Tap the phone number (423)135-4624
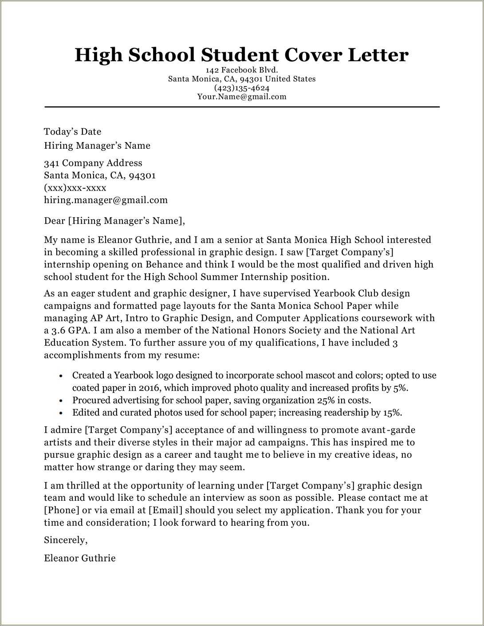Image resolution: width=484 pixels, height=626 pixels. pyautogui.click(x=242, y=88)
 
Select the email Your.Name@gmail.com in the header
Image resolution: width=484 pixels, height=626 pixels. pyautogui.click(x=242, y=96)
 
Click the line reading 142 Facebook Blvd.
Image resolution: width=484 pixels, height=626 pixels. pyautogui.click(x=242, y=70)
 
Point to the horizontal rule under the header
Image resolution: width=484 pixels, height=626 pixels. pyautogui.click(x=242, y=107)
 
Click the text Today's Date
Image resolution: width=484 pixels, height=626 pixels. pyautogui.click(x=72, y=131)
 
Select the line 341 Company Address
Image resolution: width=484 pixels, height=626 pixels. pyautogui.click(x=93, y=163)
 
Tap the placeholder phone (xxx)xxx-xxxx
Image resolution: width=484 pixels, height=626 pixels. pyautogui.click(x=75, y=187)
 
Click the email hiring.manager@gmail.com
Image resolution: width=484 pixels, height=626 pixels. pyautogui.click(x=106, y=200)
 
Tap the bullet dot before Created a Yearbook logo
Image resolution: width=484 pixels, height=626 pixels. pyautogui.click(x=61, y=376)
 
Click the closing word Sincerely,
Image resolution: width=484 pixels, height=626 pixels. pyautogui.click(x=66, y=540)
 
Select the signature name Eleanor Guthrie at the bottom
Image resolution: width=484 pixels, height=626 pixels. pyautogui.click(x=79, y=558)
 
